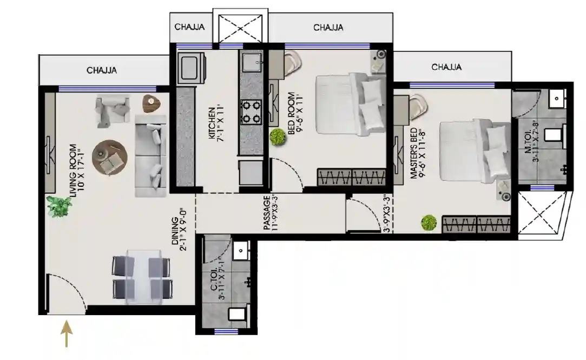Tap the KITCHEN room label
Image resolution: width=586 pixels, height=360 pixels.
(212, 123)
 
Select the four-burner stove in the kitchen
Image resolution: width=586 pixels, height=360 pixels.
(251, 112)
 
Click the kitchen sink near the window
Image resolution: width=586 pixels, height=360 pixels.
(251, 62)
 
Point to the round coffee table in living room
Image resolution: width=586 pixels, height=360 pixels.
(110, 158)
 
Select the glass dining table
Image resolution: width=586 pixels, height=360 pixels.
(142, 277)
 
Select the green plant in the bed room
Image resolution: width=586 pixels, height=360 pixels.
(278, 137)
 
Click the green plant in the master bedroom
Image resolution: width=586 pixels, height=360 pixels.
(429, 223)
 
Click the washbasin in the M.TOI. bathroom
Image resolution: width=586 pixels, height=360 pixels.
(557, 99)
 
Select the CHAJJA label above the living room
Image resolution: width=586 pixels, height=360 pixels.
(102, 70)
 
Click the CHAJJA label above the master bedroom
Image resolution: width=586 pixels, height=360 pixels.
(446, 67)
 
